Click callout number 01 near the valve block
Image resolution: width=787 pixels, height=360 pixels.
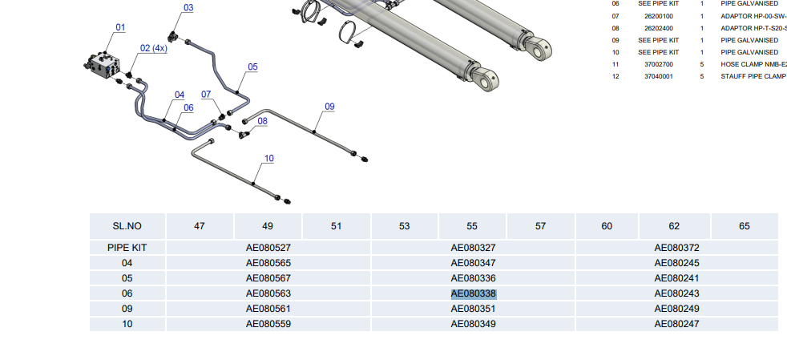click(120, 27)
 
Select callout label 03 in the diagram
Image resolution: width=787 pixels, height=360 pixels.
click(188, 7)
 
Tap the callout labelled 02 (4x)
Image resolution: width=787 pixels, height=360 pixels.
click(154, 48)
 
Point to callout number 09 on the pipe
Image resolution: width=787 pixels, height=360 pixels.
click(329, 107)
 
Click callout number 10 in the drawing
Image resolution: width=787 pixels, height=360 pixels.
click(269, 159)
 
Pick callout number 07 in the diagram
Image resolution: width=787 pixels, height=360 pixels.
click(206, 95)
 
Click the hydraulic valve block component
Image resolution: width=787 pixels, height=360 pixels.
click(103, 65)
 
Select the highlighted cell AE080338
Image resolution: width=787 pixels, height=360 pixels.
click(474, 293)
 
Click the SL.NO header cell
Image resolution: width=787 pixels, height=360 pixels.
click(127, 226)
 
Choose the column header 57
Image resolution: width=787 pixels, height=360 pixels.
click(540, 226)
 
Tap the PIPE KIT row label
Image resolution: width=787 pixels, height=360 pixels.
click(127, 248)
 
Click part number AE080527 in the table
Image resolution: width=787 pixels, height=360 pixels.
click(268, 248)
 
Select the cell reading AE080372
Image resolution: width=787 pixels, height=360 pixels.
click(676, 248)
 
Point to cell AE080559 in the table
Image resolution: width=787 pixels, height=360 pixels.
click(268, 325)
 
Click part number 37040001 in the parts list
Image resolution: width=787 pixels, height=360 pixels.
click(659, 76)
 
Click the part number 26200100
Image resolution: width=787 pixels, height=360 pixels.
click(659, 16)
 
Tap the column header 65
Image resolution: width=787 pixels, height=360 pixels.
click(745, 226)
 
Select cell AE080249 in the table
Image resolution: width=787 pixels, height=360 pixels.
click(676, 309)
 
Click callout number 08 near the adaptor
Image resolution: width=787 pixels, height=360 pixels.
click(263, 121)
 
